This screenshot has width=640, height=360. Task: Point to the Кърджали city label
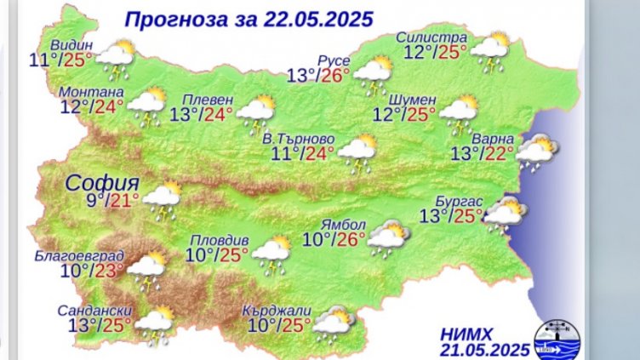[276, 308]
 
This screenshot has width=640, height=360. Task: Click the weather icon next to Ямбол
[387, 238]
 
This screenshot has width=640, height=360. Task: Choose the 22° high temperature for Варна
[499, 153]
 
